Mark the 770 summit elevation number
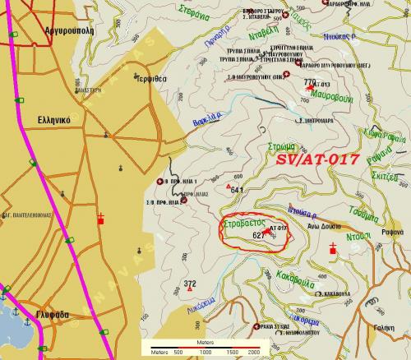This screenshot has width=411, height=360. tap(309, 82)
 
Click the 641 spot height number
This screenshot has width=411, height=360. tap(238, 190)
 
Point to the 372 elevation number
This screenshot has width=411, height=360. tap(190, 284)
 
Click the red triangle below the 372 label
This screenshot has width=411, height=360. tap(178, 292)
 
